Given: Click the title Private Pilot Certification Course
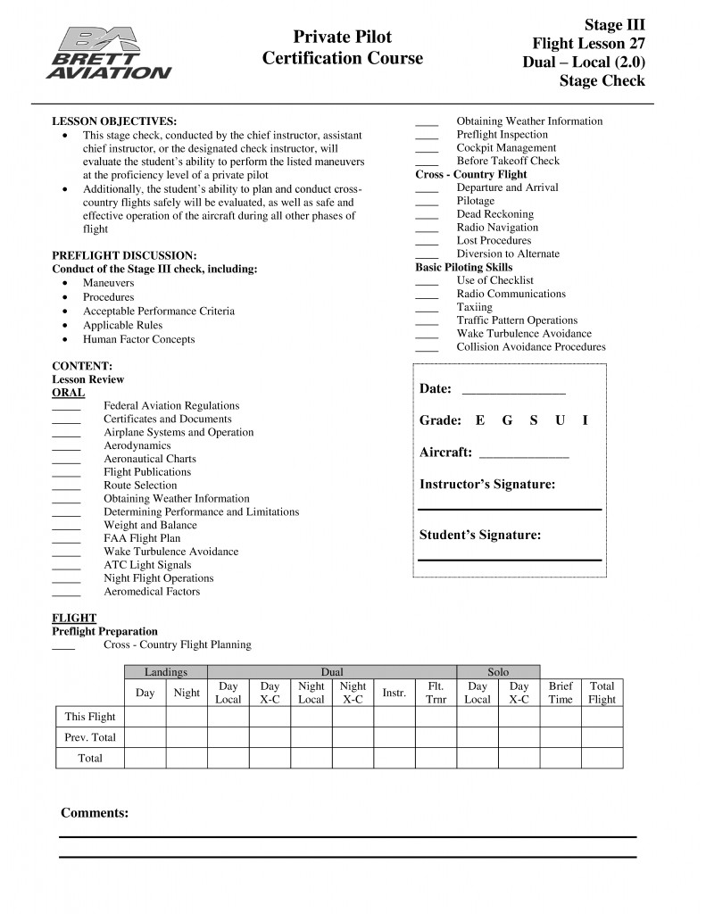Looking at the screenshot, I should (x=343, y=48).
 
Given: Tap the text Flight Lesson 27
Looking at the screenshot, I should (x=588, y=43).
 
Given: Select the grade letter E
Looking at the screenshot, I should (x=480, y=420).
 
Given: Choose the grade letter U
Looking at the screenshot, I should (x=560, y=420).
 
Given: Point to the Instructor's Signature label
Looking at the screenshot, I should (x=487, y=485).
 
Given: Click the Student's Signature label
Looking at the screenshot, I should (x=480, y=536).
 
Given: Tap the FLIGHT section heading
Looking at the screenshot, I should (x=74, y=618).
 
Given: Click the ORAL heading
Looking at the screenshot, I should (x=69, y=393).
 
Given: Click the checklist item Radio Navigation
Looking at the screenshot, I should (x=497, y=228).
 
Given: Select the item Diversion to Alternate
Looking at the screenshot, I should (x=508, y=253).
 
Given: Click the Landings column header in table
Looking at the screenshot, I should (x=166, y=672).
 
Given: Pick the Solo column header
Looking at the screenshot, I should (x=498, y=672).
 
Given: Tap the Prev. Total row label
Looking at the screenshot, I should (x=90, y=737).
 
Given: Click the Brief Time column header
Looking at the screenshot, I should (x=561, y=693).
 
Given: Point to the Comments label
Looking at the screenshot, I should (x=95, y=813).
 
